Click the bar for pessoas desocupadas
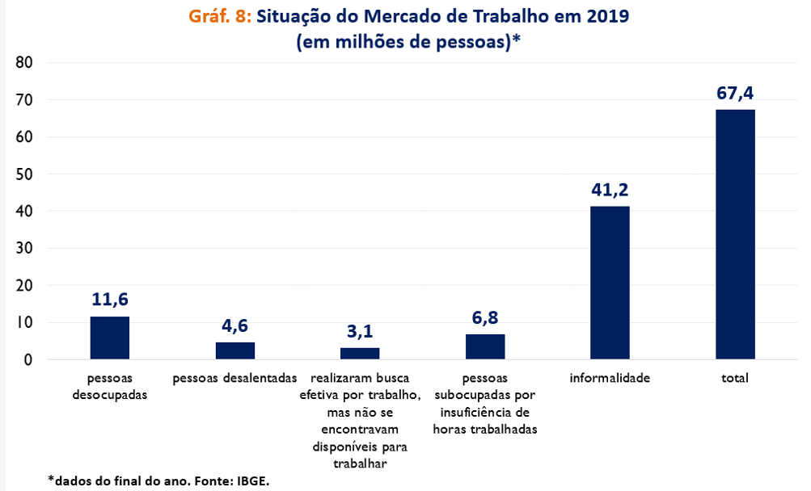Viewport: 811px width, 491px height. click(109, 338)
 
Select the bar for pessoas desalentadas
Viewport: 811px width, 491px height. click(234, 350)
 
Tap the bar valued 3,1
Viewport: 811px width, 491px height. click(360, 354)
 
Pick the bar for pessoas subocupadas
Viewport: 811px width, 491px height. click(485, 346)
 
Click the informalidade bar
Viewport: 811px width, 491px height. click(610, 283)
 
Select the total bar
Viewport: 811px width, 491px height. click(735, 234)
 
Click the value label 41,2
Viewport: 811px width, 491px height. click(610, 190)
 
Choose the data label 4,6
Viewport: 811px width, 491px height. click(234, 326)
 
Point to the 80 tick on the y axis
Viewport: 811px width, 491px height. click(23, 63)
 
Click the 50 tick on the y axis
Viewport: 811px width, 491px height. click(23, 174)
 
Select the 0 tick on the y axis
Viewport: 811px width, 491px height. click(27, 360)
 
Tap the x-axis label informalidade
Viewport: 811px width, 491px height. click(610, 378)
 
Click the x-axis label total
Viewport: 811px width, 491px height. click(735, 378)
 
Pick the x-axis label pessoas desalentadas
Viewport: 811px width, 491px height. click(234, 378)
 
